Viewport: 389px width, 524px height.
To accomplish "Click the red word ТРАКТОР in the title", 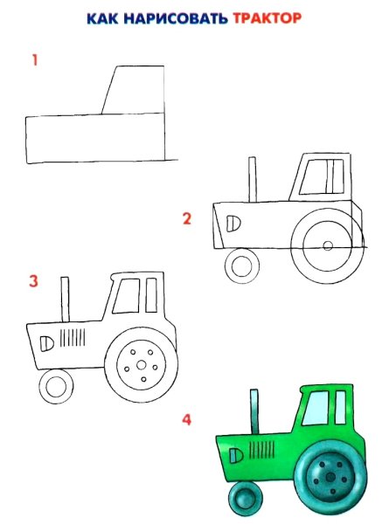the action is click(x=267, y=18).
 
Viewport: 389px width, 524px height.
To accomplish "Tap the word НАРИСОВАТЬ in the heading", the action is click(x=176, y=18).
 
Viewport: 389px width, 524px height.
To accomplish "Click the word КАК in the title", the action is click(x=102, y=18).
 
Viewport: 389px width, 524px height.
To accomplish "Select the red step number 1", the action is click(x=35, y=60).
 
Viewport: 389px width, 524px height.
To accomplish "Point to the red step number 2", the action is click(x=187, y=218).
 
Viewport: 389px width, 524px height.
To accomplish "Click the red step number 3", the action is click(x=33, y=280).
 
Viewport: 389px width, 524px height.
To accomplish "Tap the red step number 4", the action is click(x=187, y=419).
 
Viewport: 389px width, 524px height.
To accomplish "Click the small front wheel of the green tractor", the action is click(x=245, y=498).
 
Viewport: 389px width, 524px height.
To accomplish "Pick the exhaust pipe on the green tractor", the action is click(x=254, y=411).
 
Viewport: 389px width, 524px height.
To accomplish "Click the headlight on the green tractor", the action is click(x=236, y=456).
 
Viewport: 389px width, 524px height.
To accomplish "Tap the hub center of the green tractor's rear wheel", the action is click(x=330, y=477).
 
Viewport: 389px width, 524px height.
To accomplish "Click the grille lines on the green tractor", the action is click(x=262, y=450).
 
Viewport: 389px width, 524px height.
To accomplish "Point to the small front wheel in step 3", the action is click(x=56, y=387).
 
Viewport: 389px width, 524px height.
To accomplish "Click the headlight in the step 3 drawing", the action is click(x=47, y=344).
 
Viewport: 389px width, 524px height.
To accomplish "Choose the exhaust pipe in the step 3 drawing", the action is click(x=65, y=300).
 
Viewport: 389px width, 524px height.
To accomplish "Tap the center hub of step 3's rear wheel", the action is click(x=142, y=365).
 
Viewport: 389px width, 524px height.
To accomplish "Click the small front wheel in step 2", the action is click(x=241, y=266).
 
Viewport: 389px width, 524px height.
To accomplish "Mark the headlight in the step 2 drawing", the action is click(x=233, y=224).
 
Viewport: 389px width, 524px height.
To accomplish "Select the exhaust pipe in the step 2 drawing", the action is click(x=253, y=180).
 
